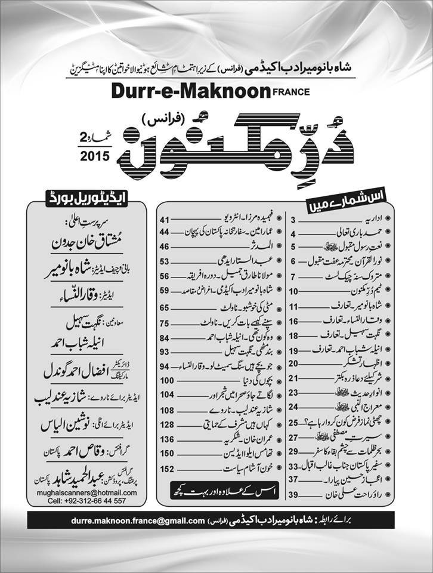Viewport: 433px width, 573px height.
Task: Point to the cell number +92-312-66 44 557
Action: point(86,501)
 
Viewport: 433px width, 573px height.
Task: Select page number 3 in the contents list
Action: point(293,220)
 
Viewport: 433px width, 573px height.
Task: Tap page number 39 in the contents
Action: point(293,495)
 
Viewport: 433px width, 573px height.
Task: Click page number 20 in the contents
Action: point(293,363)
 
